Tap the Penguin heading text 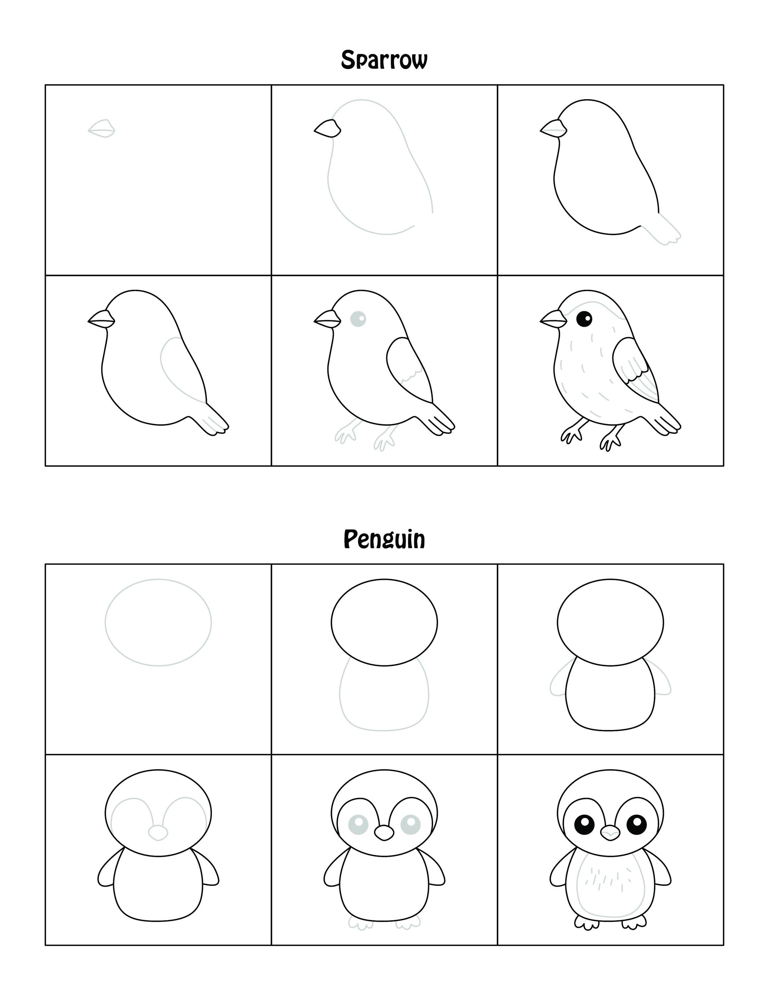coord(384,539)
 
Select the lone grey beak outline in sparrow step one coord(101,129)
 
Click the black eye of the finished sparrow coord(584,318)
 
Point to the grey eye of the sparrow coord(358,318)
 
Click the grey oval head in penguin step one coord(158,622)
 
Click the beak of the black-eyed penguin coord(610,833)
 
